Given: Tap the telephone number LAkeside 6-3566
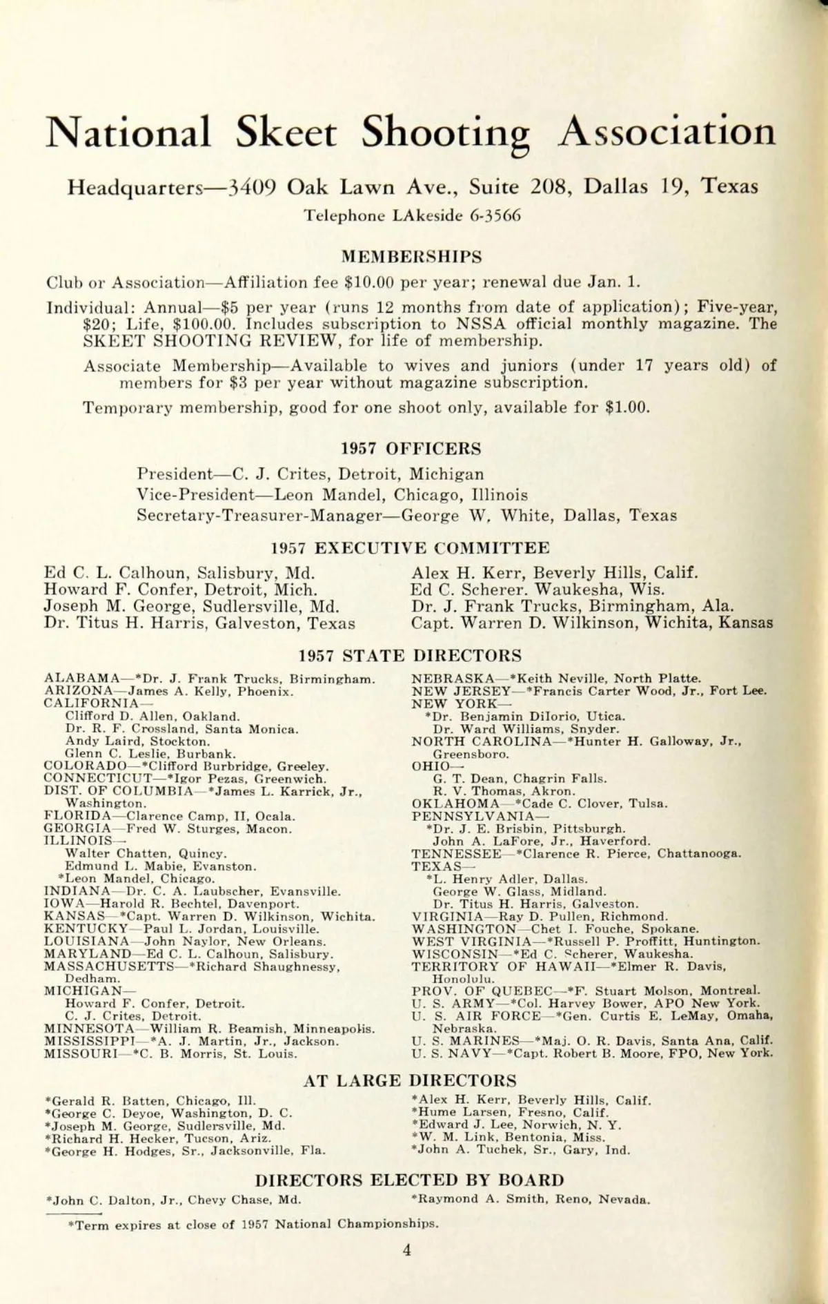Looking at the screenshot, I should click(x=413, y=215).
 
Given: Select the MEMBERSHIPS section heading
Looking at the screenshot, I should click(x=412, y=257).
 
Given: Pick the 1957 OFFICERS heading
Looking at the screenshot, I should click(x=411, y=449).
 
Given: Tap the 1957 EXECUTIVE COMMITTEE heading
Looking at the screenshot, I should click(x=411, y=548).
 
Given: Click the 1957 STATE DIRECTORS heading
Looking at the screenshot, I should click(x=411, y=655).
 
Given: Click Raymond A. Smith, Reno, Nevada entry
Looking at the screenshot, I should click(x=530, y=1199).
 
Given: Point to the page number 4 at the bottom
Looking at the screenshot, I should click(x=407, y=1250).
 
